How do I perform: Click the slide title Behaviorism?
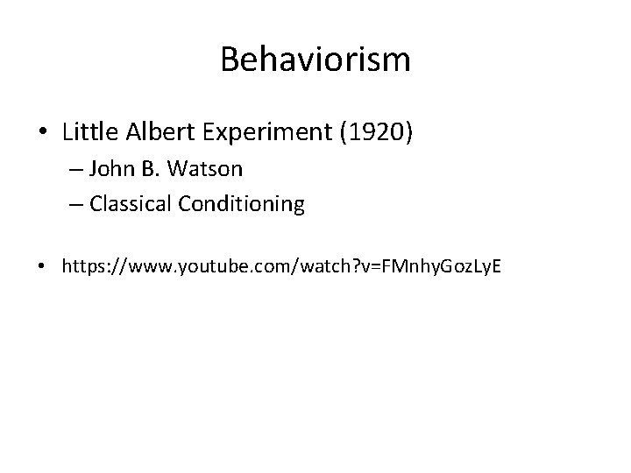[315, 60]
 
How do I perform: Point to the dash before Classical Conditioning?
[74, 206]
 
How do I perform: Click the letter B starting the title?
[230, 60]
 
